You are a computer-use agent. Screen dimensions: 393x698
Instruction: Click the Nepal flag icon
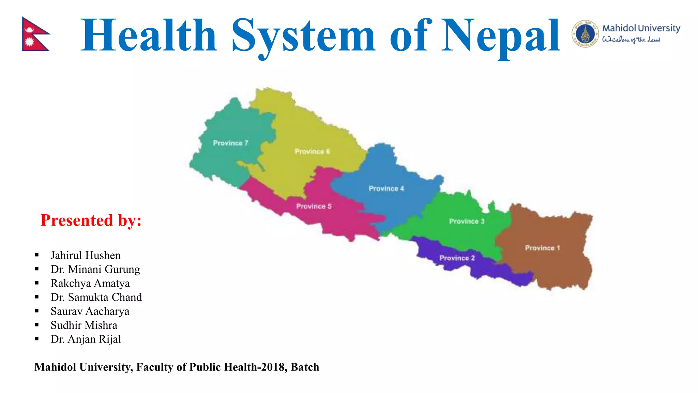pos(35,34)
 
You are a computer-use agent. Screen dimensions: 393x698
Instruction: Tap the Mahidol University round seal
pos(585,34)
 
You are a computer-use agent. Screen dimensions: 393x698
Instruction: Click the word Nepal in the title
pos(501,36)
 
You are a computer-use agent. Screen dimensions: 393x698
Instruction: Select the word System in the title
pos(303,36)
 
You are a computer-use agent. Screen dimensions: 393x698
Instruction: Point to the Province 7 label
pos(230,143)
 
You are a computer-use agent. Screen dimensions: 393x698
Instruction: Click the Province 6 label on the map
pos(312,151)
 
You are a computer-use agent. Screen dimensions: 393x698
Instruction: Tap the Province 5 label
pos(314,206)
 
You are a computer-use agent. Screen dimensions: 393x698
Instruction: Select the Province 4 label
pos(386,188)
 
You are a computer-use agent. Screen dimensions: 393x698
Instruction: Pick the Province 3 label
pos(467,221)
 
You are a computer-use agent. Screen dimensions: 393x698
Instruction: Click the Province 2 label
pos(457,258)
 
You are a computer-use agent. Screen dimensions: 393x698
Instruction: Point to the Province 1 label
pos(542,248)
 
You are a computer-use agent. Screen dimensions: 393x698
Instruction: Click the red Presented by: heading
pos(91,220)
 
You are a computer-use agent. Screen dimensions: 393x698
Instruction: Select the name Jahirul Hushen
pos(86,255)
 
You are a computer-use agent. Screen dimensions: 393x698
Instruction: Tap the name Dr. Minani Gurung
pos(95,269)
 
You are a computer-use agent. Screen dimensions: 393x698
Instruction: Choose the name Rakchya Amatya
pos(90,283)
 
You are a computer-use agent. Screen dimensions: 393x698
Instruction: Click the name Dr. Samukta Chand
pos(96,297)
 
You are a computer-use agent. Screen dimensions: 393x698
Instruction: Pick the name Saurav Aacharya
pos(90,311)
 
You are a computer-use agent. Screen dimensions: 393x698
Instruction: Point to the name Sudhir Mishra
pos(84,325)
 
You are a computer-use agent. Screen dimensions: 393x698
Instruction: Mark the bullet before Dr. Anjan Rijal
pos(37,339)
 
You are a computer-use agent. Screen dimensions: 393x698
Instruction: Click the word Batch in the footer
pos(305,367)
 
